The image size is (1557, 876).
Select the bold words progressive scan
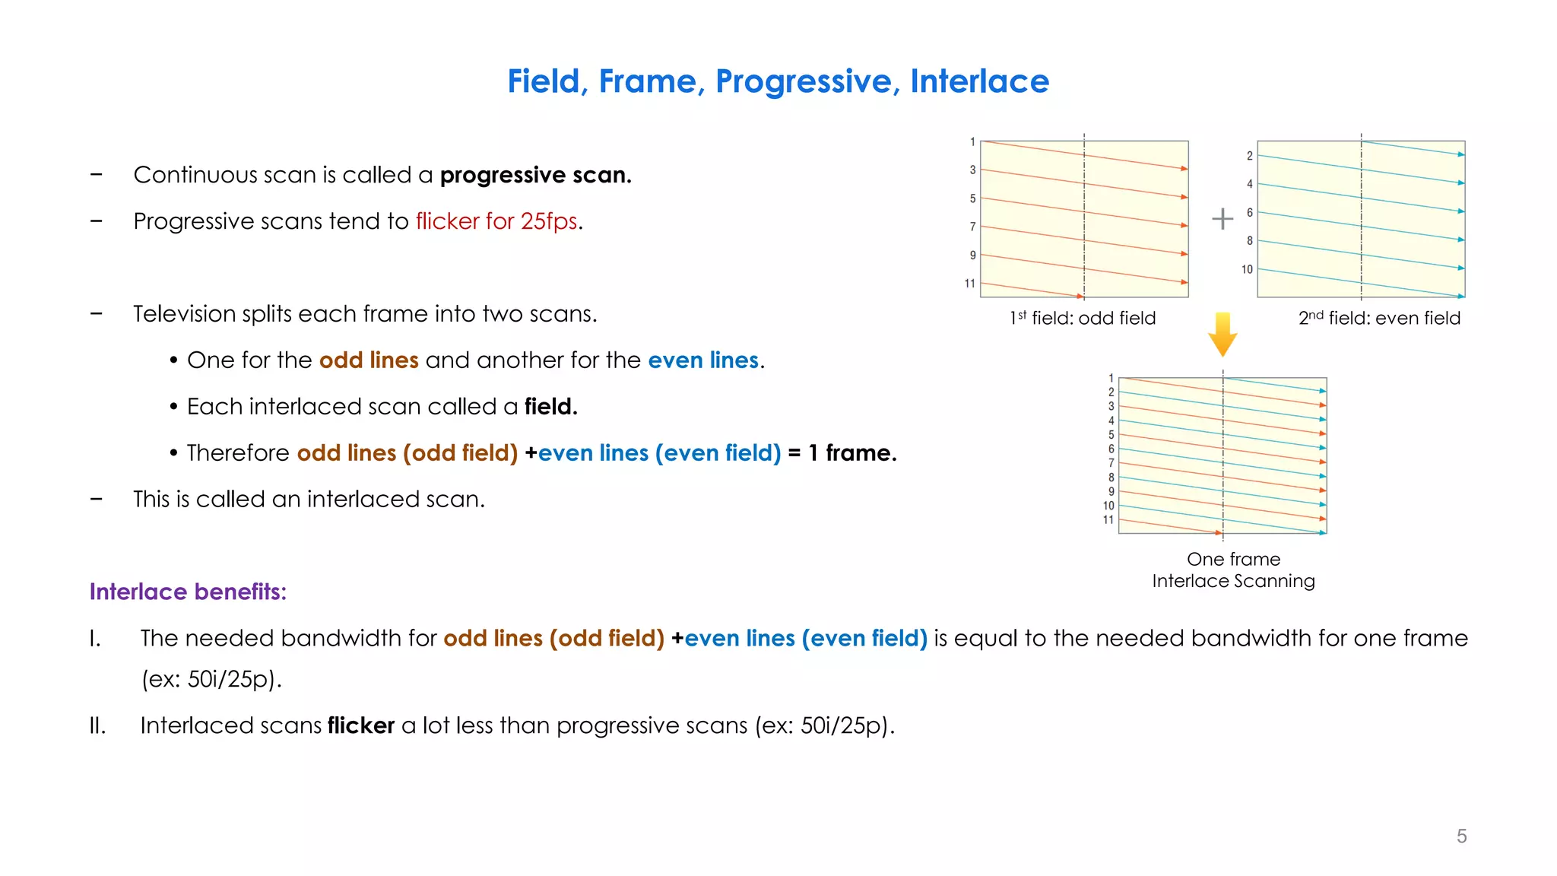tap(535, 175)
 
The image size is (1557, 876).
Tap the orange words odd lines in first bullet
tap(369, 360)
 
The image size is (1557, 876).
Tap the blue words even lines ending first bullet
tap(703, 360)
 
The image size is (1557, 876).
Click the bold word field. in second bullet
tap(550, 407)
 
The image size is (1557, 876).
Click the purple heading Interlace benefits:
tap(188, 592)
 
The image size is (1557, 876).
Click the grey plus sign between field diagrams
tap(1222, 219)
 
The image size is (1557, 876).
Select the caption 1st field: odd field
tap(1083, 318)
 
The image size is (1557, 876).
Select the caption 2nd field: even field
tap(1379, 318)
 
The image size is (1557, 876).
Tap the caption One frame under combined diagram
tap(1233, 560)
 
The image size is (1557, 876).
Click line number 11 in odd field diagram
tap(969, 284)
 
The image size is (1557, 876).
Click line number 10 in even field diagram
tap(1247, 269)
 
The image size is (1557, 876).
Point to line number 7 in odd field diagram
tap(972, 227)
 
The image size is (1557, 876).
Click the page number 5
tap(1461, 836)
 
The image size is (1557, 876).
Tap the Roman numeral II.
tap(97, 725)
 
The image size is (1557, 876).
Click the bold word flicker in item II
tap(360, 725)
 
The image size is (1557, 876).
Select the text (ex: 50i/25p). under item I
tap(211, 679)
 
